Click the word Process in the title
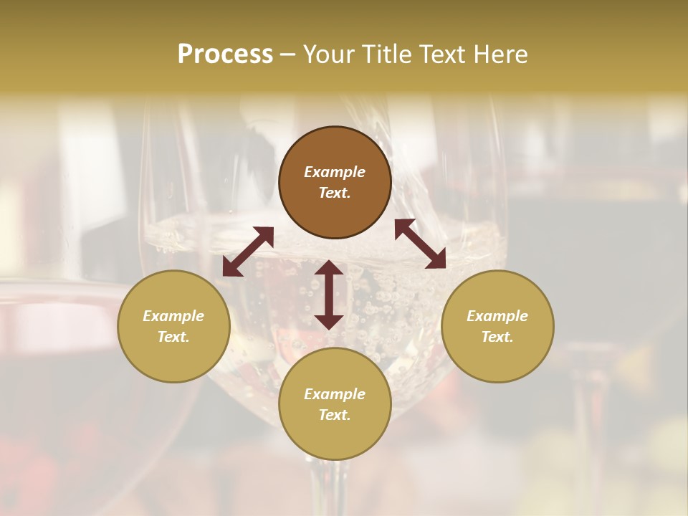225,54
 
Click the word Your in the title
330,54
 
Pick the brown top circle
335,183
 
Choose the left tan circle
173,326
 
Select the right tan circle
497,326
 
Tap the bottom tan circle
335,404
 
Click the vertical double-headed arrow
329,295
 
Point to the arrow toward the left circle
248,251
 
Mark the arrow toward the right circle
420,244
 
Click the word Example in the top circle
335,172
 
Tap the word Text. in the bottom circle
335,415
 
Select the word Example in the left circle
173,316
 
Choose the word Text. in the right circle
497,337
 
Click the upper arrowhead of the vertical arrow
329,268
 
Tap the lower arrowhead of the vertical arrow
329,322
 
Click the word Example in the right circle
497,316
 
